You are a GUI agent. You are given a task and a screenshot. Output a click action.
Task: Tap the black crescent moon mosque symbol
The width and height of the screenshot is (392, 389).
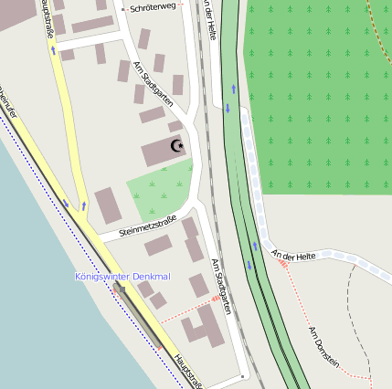177,145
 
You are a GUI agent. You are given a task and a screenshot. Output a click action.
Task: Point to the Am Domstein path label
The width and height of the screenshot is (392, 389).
323,346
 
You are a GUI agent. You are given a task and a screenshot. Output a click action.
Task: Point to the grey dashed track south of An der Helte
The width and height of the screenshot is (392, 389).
353,310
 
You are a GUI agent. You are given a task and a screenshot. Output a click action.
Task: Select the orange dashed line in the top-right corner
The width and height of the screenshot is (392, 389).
379,18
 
